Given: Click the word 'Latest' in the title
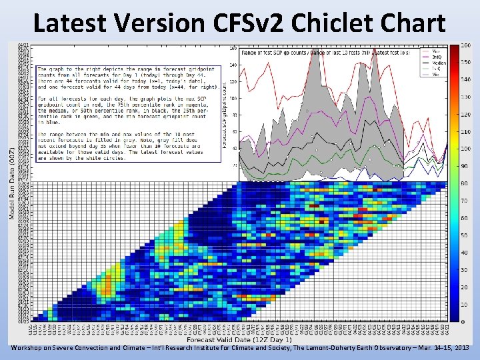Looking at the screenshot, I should tap(69, 23).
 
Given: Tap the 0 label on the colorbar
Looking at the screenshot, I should tap(463, 322).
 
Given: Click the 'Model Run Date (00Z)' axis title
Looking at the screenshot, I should tap(12, 183).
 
